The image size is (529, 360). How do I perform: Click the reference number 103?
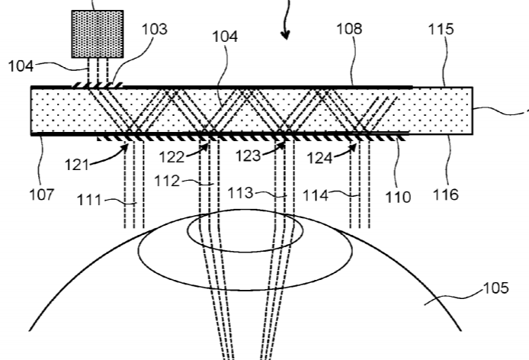tap(154, 29)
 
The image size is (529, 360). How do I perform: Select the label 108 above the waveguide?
tap(350, 29)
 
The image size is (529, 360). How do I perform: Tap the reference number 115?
tap(441, 29)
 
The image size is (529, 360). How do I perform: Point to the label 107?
tap(42, 194)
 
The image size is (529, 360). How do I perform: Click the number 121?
tap(77, 165)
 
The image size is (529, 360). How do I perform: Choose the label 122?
tap(172, 157)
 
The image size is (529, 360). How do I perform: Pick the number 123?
tap(248, 156)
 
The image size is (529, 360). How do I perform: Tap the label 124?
tap(320, 158)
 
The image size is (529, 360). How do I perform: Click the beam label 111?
tap(89, 200)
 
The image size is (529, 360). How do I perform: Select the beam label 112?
tap(167, 182)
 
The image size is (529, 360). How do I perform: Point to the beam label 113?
tap(241, 193)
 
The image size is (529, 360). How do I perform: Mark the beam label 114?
tap(316, 195)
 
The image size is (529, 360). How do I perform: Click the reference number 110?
tap(398, 197)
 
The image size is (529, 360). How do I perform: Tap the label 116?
tap(446, 194)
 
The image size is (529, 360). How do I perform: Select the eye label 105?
tap(496, 288)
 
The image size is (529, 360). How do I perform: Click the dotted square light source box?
tap(98, 34)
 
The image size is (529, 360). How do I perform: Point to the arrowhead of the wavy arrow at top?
tap(285, 34)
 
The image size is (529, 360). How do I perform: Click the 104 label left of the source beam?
tap(21, 66)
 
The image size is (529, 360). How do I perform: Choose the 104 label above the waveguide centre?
tap(225, 37)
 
